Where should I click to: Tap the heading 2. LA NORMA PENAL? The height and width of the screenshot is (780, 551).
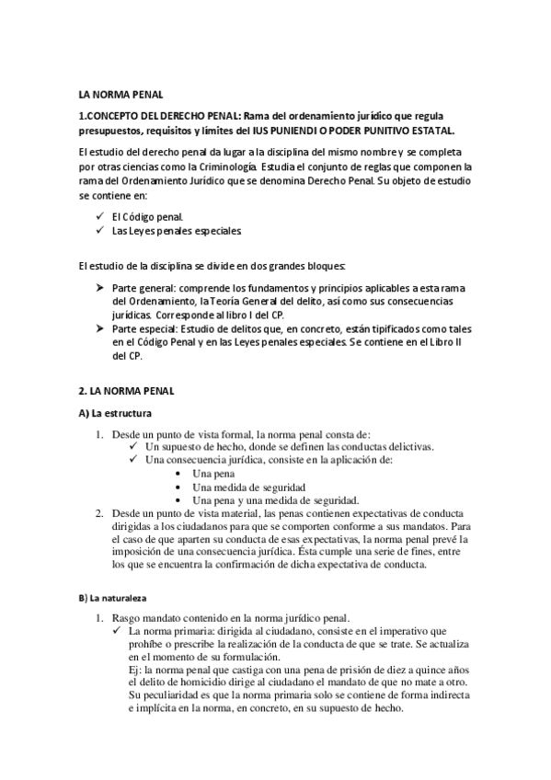127,391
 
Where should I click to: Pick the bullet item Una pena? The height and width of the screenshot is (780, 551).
213,473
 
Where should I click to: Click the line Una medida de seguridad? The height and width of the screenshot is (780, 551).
249,487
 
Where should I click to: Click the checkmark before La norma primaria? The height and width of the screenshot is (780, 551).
120,631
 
